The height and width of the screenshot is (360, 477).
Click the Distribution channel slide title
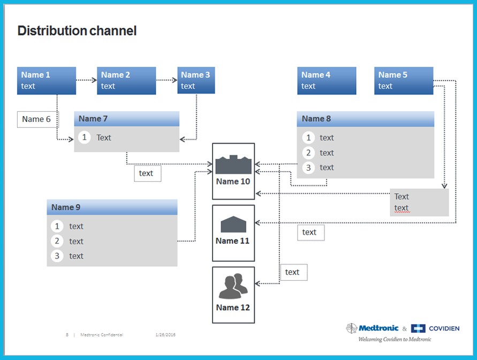[77, 31]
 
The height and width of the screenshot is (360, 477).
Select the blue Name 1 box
[47, 81]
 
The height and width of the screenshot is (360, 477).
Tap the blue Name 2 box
[126, 81]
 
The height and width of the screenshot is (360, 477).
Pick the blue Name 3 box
[196, 81]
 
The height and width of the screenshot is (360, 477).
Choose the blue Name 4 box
[327, 81]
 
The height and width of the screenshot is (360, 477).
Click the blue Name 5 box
[404, 81]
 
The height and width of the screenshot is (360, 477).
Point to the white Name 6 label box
[37, 119]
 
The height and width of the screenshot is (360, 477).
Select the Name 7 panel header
[126, 119]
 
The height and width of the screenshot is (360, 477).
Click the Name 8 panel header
[365, 119]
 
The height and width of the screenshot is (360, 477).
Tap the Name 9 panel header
[112, 207]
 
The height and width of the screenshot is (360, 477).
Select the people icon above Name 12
[233, 287]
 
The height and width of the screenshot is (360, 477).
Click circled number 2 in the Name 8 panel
[308, 153]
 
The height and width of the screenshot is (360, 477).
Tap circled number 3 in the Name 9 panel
[57, 256]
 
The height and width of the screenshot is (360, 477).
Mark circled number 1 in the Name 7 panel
[84, 137]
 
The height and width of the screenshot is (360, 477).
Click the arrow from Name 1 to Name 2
[86, 81]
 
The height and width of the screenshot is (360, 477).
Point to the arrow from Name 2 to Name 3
[166, 81]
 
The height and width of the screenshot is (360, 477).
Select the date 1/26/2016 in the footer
[165, 335]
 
